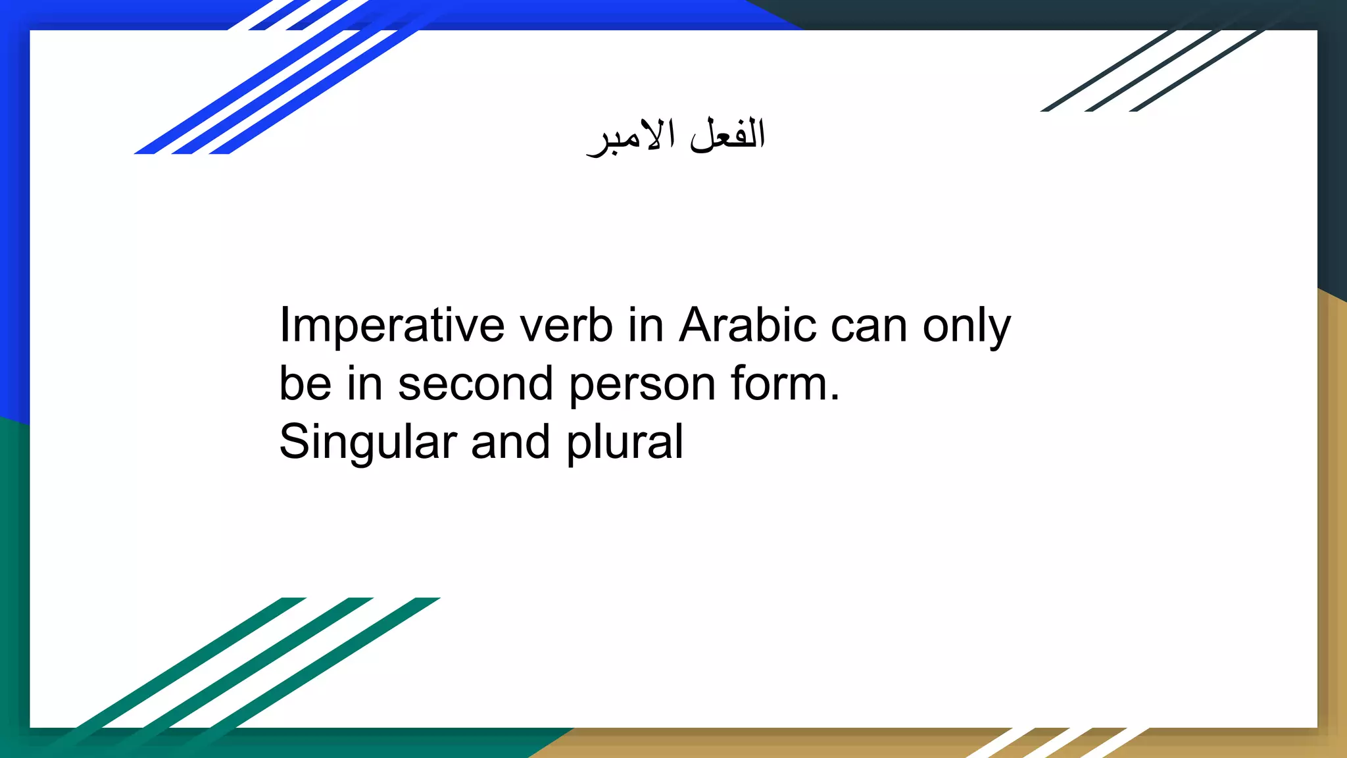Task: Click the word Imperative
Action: [x=392, y=326]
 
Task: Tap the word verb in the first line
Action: [x=566, y=326]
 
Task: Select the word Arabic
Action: [x=747, y=326]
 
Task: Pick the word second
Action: [x=475, y=384]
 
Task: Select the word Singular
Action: [x=368, y=442]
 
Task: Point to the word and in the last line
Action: [x=510, y=442]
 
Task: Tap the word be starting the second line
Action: [x=305, y=384]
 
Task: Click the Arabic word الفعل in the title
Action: [x=727, y=135]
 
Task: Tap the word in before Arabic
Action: [x=645, y=326]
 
